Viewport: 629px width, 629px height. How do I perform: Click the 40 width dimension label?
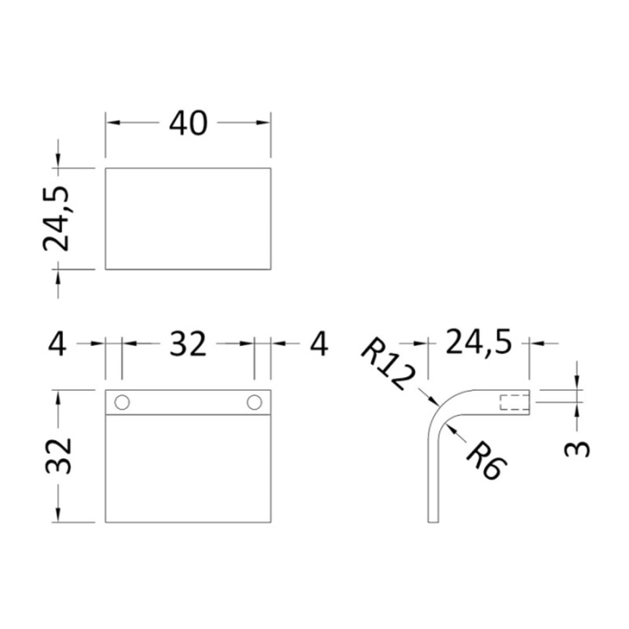[x=188, y=123]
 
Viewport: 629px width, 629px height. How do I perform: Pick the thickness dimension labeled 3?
[x=580, y=446]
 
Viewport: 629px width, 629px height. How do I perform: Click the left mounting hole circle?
[x=123, y=401]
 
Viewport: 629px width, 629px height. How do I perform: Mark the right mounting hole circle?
[x=254, y=401]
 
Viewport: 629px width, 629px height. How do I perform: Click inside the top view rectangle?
[x=188, y=217]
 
